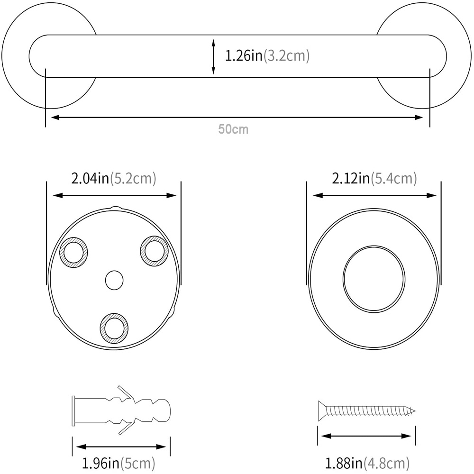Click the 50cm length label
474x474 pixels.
tap(233, 129)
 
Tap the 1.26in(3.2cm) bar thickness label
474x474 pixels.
tap(267, 56)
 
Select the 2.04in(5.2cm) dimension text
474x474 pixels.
tap(114, 178)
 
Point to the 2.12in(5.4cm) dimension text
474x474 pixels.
tap(374, 178)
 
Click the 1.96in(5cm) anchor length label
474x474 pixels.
tap(118, 463)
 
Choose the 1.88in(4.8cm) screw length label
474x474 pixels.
tap(367, 463)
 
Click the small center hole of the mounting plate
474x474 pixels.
tap(114, 280)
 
